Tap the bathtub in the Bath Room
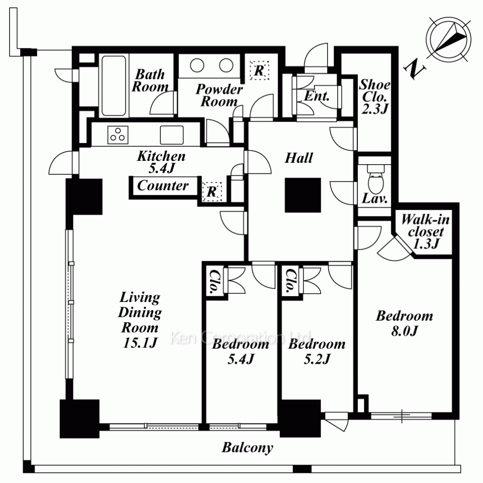tap(114, 85)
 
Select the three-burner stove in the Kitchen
tap(118, 135)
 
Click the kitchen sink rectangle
tap(171, 135)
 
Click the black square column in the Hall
tap(303, 195)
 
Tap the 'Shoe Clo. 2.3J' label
tap(375, 97)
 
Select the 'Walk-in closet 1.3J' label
tap(426, 231)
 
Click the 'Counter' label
tap(163, 186)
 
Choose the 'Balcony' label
tap(247, 448)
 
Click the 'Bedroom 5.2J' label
tap(317, 352)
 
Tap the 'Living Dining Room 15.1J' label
tap(140, 320)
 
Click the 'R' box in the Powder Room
tap(259, 70)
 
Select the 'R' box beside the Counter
tap(212, 192)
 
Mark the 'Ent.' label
tap(317, 96)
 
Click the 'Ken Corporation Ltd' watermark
tap(241, 337)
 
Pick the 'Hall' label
tap(299, 158)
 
